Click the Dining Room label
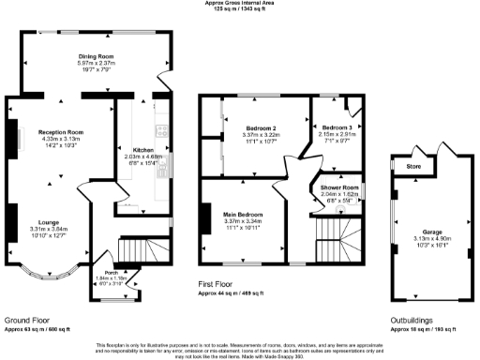pos(95,56)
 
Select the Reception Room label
pos(61,132)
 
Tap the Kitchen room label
pos(142,150)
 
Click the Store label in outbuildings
pos(413,168)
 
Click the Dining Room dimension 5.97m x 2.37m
pos(95,64)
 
